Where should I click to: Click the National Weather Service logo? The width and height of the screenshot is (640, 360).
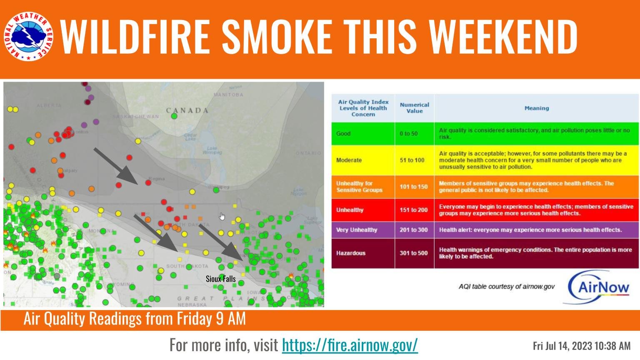(x=29, y=36)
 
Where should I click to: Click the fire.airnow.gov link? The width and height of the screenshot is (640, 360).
(x=350, y=345)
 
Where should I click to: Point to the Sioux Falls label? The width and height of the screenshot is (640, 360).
(x=220, y=279)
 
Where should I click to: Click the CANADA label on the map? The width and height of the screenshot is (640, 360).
(x=187, y=110)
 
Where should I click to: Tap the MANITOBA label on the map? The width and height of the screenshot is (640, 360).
(x=228, y=95)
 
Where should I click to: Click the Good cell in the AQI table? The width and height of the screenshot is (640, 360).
(x=363, y=134)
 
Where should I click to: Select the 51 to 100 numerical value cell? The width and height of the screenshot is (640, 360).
(x=414, y=160)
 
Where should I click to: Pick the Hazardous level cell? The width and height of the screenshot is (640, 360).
(x=363, y=253)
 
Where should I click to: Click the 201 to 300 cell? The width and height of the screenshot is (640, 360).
(x=414, y=230)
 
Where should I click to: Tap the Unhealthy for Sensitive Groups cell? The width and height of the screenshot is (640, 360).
(x=363, y=187)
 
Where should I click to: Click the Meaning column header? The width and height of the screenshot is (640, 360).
(x=536, y=108)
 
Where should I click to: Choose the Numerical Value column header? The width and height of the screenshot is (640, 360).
(x=414, y=108)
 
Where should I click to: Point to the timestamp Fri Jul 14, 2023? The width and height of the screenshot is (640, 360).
(x=582, y=346)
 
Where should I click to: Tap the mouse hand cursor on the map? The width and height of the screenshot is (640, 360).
(x=222, y=216)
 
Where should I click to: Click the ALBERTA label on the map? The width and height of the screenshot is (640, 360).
(x=49, y=105)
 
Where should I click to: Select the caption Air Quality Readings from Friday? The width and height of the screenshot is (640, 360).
(x=135, y=319)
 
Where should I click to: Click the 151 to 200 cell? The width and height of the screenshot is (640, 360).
(x=414, y=210)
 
